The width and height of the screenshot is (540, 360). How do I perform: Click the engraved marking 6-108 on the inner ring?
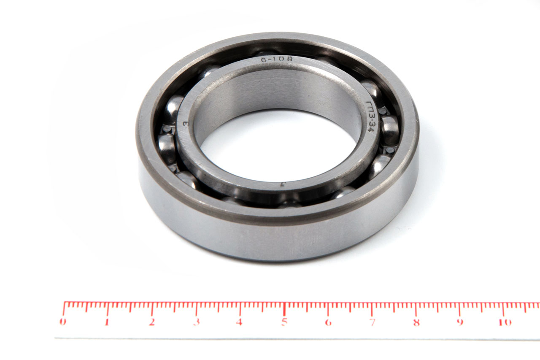(277, 59)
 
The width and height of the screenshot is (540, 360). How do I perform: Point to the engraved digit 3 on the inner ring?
(186, 124)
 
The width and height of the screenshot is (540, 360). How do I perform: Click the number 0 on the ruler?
(63, 322)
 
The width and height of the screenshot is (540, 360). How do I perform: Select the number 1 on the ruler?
(107, 322)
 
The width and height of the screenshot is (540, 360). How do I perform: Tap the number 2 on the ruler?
(151, 322)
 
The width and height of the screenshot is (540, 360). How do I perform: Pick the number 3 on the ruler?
(197, 322)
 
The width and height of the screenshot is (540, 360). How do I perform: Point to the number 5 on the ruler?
(284, 322)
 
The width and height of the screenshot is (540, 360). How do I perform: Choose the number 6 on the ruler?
(328, 322)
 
